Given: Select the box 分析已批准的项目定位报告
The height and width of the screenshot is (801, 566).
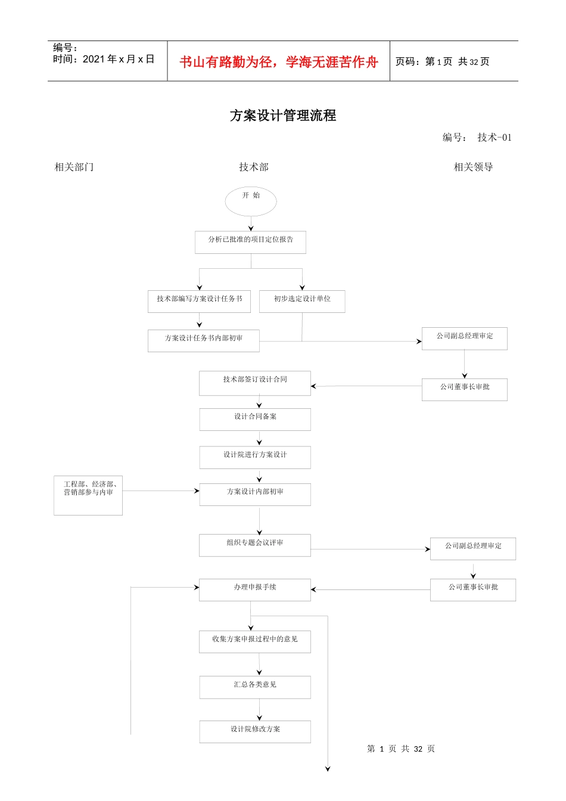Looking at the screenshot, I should (x=250, y=242).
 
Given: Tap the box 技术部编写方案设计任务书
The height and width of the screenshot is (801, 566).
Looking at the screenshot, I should (x=199, y=301).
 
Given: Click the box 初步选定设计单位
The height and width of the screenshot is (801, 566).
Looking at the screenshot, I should (x=302, y=301).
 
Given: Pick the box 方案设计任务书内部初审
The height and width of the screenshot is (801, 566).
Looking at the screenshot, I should (x=203, y=340).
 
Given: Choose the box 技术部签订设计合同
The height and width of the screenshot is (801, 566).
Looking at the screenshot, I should (x=255, y=383).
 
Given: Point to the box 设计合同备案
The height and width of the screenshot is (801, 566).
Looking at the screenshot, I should (x=255, y=419).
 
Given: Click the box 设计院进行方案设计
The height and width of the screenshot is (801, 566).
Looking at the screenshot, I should (x=255, y=457).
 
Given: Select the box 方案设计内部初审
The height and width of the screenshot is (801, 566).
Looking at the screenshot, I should (x=255, y=494).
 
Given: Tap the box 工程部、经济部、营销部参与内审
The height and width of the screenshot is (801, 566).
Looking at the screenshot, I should (x=88, y=495).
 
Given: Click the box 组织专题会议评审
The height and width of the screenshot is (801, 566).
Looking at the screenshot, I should (x=255, y=545).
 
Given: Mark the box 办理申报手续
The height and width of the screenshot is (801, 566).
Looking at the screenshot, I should (x=255, y=589).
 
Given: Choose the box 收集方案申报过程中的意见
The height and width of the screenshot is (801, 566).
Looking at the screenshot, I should (x=255, y=641).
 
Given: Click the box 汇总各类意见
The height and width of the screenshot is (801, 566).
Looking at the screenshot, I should (x=255, y=687).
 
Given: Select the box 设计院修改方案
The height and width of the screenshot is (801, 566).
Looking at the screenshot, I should (x=255, y=731).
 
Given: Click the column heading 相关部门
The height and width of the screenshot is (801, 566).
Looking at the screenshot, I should (x=74, y=167).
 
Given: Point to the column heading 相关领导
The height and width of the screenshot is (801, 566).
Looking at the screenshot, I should (x=473, y=167).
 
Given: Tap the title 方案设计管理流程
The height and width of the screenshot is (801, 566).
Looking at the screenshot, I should (x=283, y=116).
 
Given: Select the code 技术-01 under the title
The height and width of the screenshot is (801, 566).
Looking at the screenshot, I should (x=495, y=138).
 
